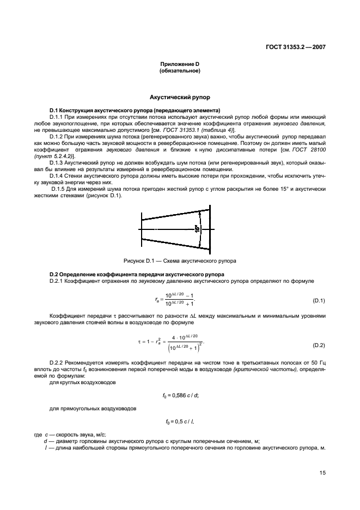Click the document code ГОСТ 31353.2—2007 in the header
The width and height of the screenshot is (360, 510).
pyautogui.click(x=291, y=47)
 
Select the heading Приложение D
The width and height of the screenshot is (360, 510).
pyautogui.click(x=180, y=65)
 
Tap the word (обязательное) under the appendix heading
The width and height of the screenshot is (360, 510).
pyautogui.click(x=180, y=71)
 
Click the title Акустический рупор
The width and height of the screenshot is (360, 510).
pyautogui.click(x=180, y=98)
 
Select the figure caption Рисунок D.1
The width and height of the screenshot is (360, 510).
pyautogui.click(x=180, y=260)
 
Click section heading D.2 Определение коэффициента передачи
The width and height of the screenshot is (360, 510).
pyautogui.click(x=136, y=274)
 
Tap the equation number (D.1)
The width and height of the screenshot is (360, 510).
pyautogui.click(x=319, y=301)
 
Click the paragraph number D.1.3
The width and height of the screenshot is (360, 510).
pyautogui.click(x=58, y=163)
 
